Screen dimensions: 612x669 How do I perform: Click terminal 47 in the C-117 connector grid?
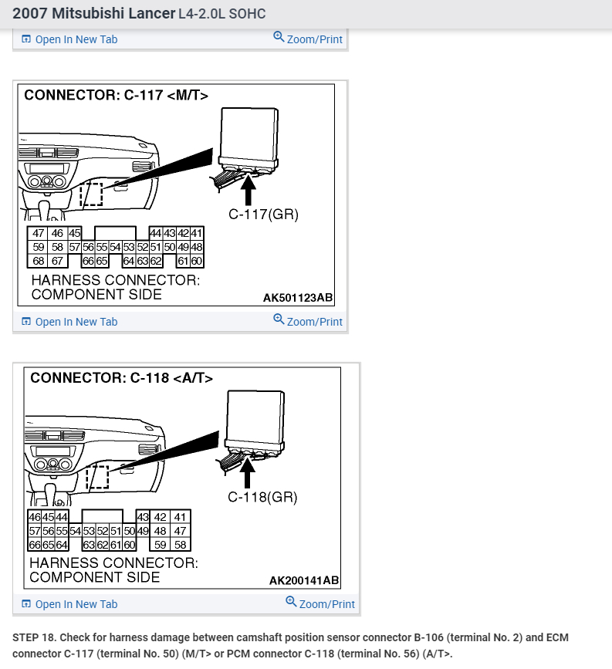(39, 233)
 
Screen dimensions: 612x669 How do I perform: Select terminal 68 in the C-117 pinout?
(39, 261)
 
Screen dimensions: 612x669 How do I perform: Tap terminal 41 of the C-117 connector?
(196, 233)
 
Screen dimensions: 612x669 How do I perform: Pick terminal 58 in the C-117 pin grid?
(57, 247)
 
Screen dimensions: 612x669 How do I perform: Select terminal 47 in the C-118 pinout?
(181, 531)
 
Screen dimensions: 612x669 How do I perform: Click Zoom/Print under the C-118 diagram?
(320, 603)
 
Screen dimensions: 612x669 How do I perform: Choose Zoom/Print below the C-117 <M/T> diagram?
(308, 321)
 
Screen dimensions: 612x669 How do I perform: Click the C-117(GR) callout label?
(262, 214)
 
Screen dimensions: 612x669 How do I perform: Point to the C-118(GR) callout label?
(262, 497)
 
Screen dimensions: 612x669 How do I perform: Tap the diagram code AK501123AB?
(298, 297)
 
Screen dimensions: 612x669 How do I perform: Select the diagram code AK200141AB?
(303, 580)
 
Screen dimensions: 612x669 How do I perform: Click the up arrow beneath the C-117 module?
(248, 189)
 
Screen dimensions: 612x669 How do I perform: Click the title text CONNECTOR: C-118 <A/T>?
(121, 378)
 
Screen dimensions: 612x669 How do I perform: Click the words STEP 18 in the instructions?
(35, 638)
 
